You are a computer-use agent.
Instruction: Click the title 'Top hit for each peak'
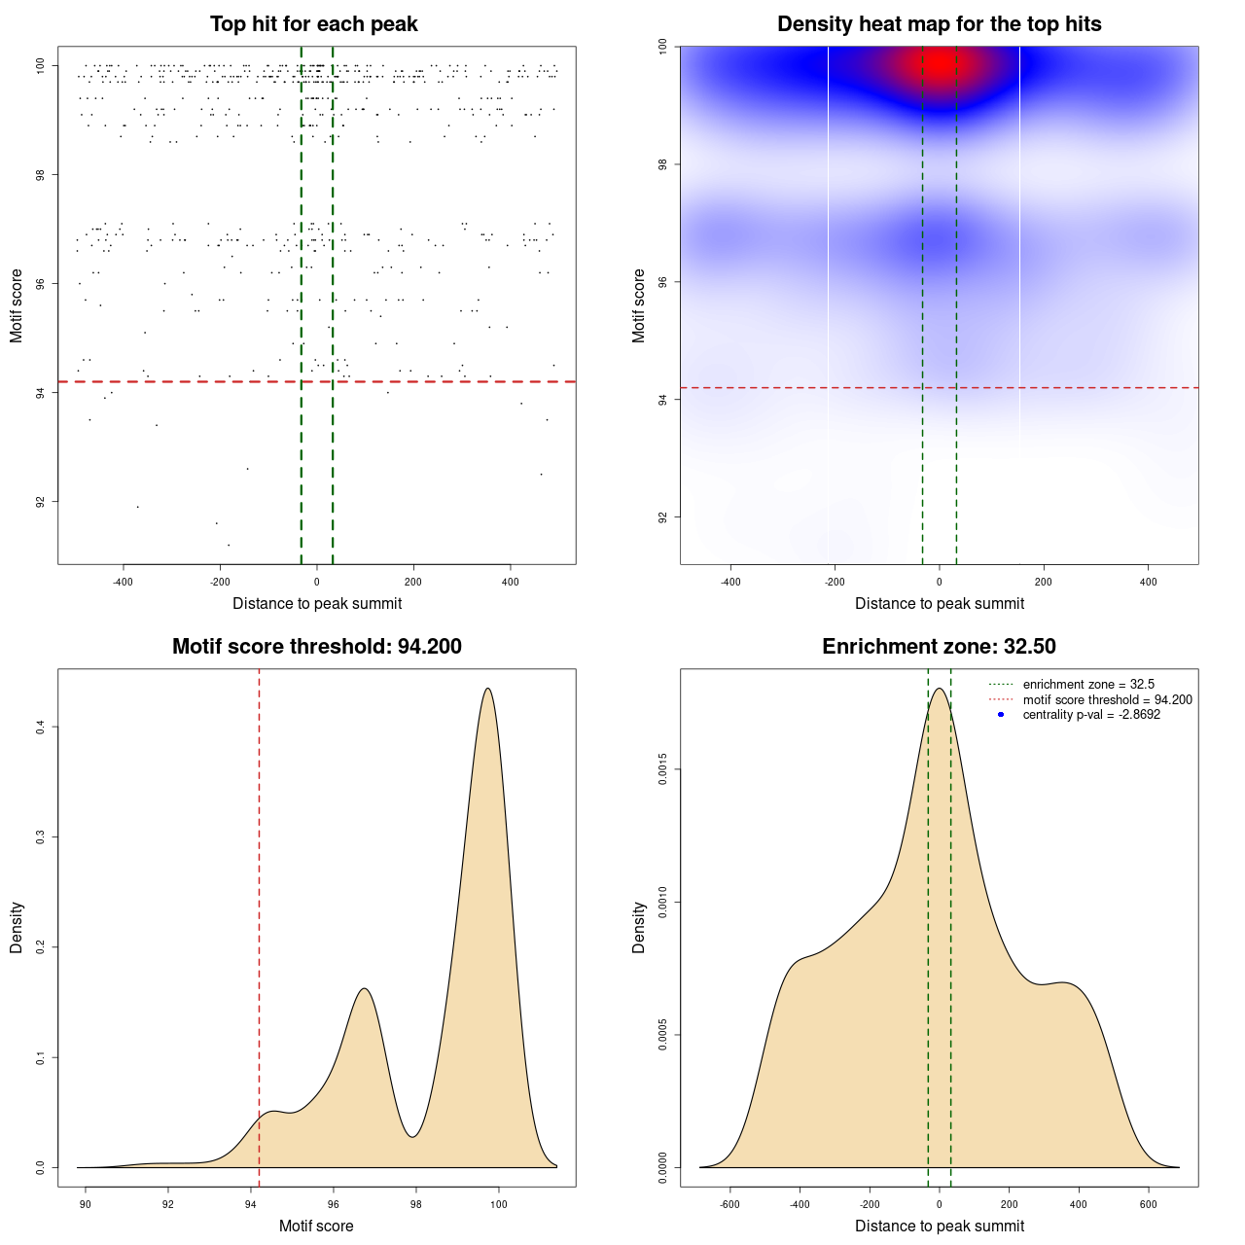tap(313, 24)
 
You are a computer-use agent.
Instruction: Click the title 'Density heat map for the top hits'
tap(939, 24)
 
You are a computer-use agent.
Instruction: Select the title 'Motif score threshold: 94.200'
tap(316, 647)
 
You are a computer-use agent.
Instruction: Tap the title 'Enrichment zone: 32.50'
tap(939, 647)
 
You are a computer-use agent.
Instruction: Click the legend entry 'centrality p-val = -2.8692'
tap(1091, 715)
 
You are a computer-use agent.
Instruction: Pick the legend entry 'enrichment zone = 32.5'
tap(1088, 685)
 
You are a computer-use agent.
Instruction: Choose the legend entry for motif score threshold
tap(1107, 700)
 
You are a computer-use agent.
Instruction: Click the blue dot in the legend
tap(1001, 715)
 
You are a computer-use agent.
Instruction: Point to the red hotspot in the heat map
tap(940, 64)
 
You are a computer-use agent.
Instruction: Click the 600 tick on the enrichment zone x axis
tap(1149, 1203)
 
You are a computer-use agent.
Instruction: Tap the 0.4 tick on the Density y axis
tap(40, 727)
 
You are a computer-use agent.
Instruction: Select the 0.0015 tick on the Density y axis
tap(662, 769)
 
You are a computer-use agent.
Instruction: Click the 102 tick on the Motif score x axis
tap(582, 1203)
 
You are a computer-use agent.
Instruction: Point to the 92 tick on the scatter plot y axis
tap(40, 502)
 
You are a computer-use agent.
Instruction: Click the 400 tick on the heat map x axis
tap(1149, 582)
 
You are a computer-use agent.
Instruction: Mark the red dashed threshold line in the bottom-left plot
tap(259, 924)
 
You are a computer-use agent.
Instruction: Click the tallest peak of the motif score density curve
tap(487, 689)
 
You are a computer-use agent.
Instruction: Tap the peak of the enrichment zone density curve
tap(939, 689)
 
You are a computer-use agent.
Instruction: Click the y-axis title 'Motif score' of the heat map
tap(638, 305)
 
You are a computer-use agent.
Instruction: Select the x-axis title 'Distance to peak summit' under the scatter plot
tap(317, 604)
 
